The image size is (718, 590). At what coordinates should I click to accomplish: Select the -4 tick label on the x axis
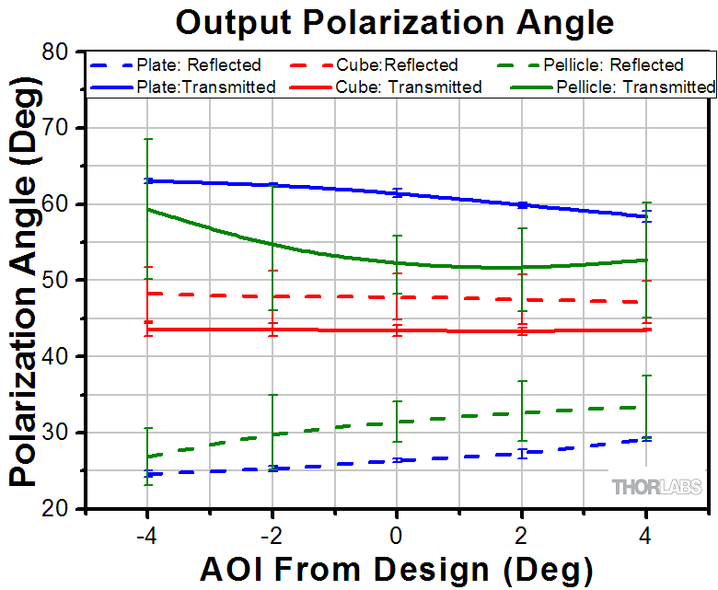[145, 535]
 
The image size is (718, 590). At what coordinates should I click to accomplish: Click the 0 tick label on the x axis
[396, 535]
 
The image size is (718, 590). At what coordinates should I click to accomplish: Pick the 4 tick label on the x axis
[647, 535]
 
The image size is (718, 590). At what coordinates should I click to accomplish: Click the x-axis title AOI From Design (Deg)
[396, 568]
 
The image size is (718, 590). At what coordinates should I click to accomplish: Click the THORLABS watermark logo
[656, 487]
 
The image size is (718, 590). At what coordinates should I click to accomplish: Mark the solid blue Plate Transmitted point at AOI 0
[397, 193]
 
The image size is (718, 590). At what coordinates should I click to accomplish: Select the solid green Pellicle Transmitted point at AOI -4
[147, 209]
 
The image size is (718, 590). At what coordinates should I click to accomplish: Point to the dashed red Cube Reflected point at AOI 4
[647, 302]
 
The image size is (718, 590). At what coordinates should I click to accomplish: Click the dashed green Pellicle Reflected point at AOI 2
[522, 412]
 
